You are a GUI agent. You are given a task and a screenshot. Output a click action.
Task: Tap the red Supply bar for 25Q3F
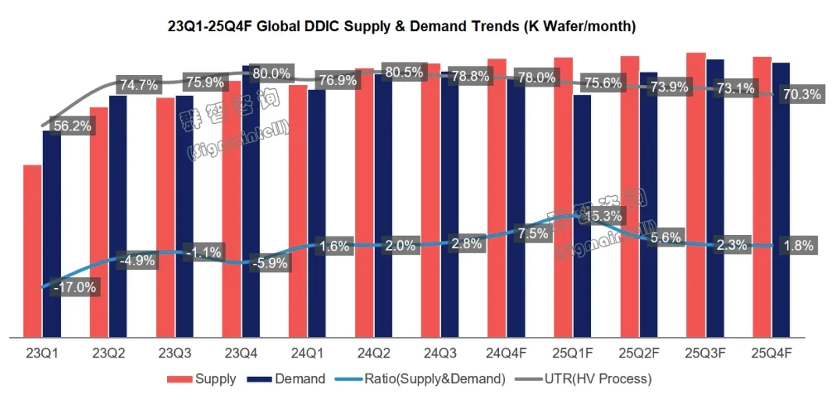pos(696,195)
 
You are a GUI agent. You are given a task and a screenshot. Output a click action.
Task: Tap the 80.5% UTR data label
pos(404,72)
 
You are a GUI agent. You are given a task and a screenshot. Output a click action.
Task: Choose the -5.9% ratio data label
pos(269,263)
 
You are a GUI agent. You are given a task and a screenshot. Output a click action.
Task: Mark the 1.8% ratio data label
pos(798,246)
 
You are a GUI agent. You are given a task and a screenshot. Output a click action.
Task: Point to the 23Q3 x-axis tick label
pos(175,354)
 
